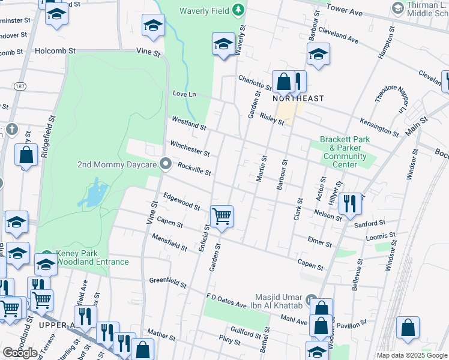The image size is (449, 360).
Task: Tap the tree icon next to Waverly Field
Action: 239,10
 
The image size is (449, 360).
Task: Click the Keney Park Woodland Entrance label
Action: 92,257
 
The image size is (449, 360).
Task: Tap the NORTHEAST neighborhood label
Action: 298,98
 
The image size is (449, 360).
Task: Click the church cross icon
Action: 11,129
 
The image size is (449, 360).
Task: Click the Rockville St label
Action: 195,170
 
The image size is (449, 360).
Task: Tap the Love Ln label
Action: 184,94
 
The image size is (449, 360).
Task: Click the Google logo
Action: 20,353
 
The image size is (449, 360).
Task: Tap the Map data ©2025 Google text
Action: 412,355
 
